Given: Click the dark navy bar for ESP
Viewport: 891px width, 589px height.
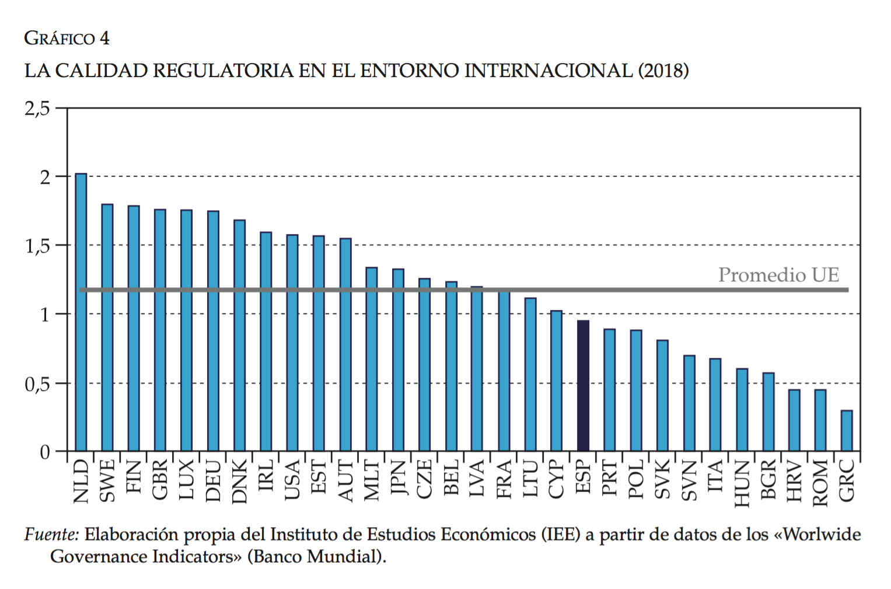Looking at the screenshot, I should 583,385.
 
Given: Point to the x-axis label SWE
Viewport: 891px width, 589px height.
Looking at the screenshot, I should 107,481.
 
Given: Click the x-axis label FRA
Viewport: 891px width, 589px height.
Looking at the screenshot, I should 504,479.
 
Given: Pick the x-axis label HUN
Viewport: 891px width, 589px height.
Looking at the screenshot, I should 741,483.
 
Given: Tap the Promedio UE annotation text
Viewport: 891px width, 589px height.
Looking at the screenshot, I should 778,275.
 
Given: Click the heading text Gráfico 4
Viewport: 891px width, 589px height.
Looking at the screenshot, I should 67,39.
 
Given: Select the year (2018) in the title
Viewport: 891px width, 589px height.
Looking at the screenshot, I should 663,71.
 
